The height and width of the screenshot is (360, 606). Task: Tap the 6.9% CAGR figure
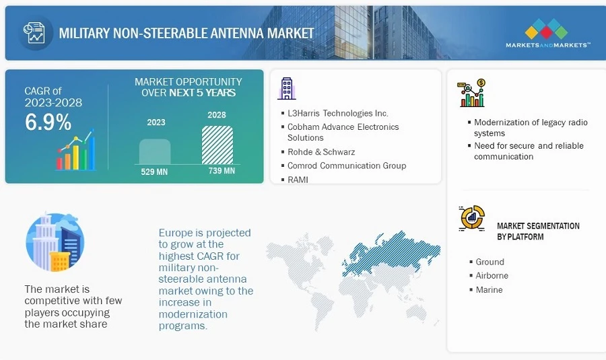point(48,122)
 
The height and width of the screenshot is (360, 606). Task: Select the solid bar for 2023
point(155,151)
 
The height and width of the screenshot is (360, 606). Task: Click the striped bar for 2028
point(217,145)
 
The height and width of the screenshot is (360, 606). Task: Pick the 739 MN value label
point(218,170)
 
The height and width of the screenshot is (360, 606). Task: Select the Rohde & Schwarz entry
point(321,152)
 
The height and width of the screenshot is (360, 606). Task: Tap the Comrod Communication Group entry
point(346,166)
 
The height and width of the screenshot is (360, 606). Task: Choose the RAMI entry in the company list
point(298,180)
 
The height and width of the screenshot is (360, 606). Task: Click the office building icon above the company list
point(286,88)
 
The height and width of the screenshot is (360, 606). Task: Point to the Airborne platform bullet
point(492,276)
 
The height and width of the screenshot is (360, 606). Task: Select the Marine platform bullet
point(489,290)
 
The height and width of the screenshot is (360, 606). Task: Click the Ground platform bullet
point(490,262)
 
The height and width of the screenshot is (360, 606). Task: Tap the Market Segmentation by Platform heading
point(538,231)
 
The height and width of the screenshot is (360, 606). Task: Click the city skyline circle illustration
point(55,243)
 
